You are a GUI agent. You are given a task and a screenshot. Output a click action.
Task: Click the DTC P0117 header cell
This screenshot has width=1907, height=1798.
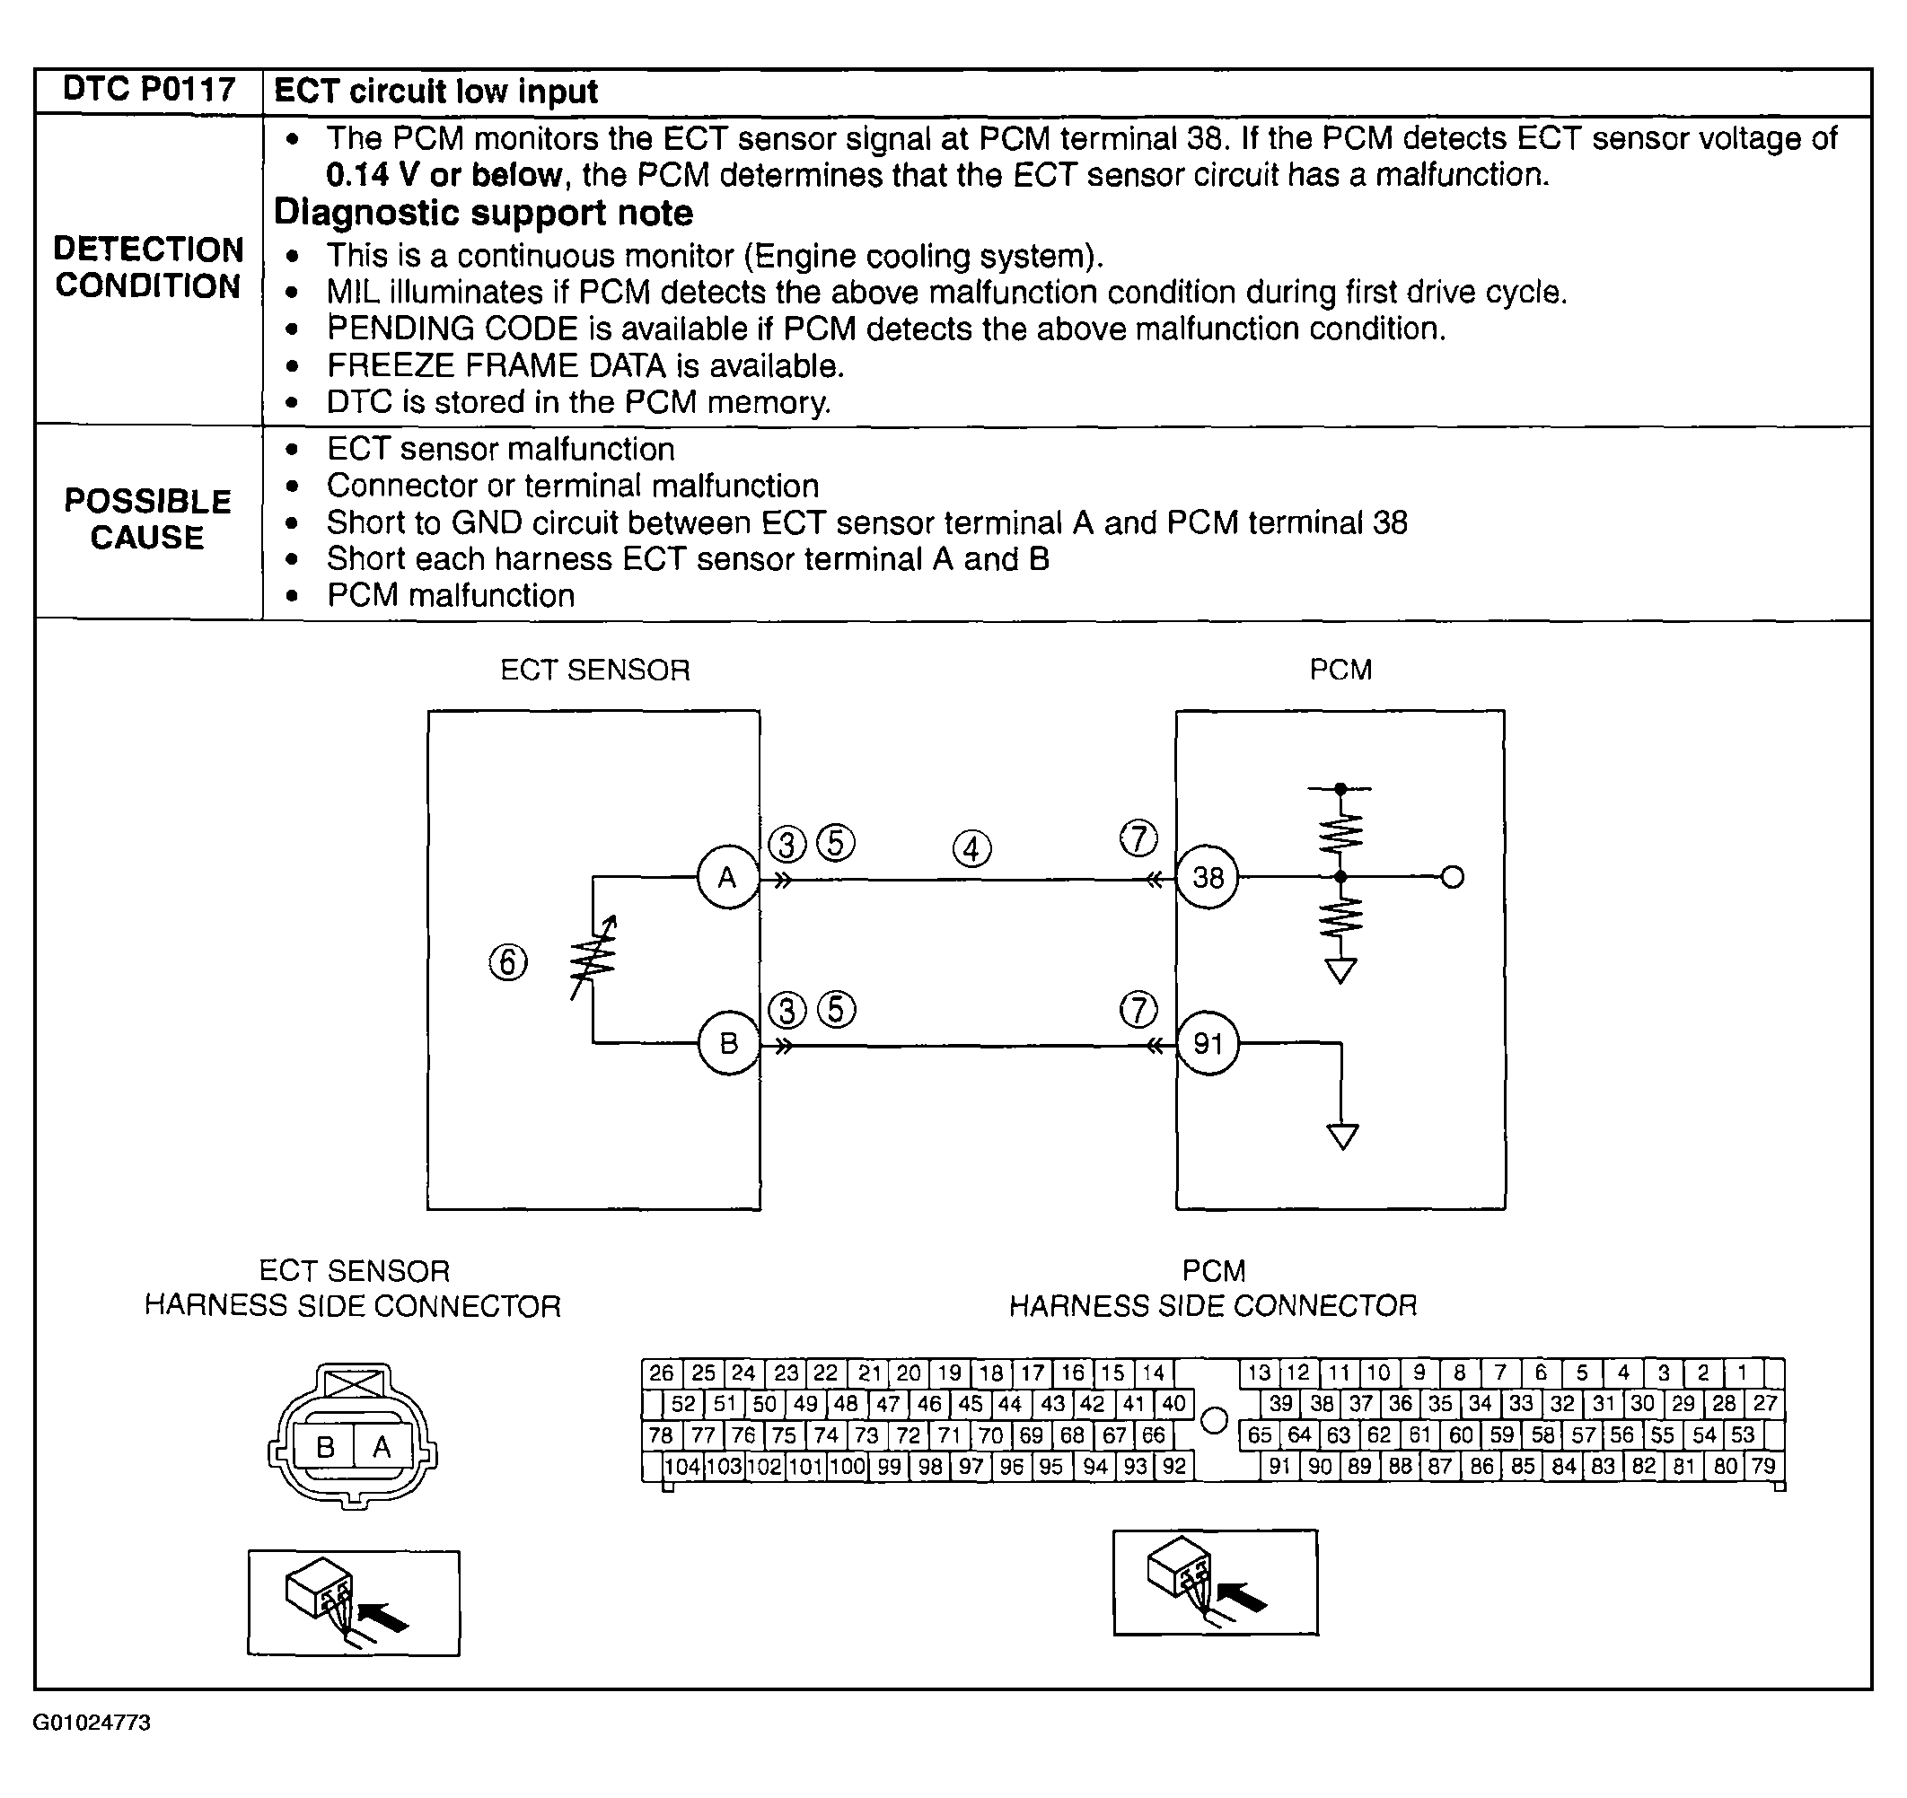click(149, 90)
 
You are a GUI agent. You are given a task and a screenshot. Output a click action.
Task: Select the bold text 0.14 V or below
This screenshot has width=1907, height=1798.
click(444, 175)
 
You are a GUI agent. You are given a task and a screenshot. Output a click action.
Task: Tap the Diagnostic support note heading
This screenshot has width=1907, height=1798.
click(483, 213)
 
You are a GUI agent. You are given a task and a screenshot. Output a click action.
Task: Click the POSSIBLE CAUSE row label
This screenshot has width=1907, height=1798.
click(148, 519)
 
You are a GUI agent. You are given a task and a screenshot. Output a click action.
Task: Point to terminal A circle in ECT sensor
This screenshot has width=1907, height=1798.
click(727, 877)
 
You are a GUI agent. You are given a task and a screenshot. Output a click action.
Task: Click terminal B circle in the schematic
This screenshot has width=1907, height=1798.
click(728, 1043)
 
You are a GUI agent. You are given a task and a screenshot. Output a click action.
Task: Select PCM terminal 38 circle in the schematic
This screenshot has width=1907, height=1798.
click(1208, 877)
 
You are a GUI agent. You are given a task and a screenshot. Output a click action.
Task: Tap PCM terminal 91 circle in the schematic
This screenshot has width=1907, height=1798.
click(1208, 1043)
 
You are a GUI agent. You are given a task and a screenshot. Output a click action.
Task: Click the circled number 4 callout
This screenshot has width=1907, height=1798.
click(971, 848)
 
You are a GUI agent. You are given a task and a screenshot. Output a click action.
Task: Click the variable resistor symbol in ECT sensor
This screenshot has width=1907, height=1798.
click(593, 959)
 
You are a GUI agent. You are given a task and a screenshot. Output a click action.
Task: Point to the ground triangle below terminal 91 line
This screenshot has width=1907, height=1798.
click(1342, 1137)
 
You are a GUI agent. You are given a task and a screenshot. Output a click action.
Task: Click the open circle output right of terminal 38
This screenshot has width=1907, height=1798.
click(1453, 877)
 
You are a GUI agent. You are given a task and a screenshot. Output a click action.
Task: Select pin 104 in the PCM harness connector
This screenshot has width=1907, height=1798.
click(683, 1466)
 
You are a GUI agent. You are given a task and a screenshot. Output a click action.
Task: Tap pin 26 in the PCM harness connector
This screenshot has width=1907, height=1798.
click(661, 1373)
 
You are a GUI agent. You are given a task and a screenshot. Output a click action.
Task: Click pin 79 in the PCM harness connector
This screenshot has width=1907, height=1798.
click(1763, 1466)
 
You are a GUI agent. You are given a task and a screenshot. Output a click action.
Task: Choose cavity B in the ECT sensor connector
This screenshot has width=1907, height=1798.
click(325, 1447)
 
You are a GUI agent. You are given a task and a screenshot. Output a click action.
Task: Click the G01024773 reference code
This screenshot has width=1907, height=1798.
click(92, 1750)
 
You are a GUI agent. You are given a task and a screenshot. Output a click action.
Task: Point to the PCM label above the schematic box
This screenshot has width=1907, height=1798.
click(1340, 670)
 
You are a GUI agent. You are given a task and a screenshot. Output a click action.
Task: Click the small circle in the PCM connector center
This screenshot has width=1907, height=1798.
click(1215, 1420)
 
